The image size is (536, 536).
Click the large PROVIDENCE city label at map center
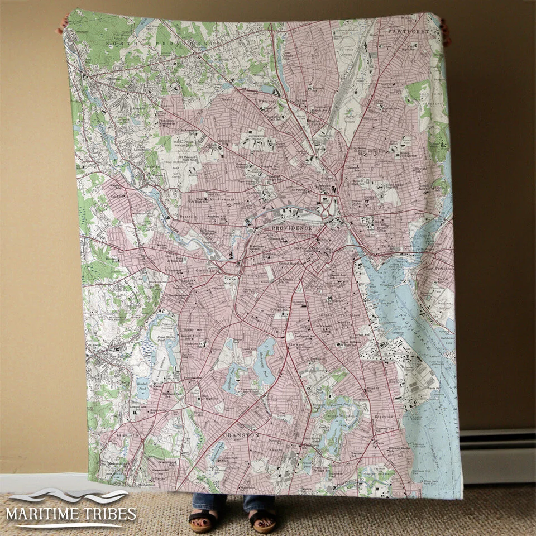(x=291, y=228)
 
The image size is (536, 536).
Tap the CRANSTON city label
(x=241, y=434)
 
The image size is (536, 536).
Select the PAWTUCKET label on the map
(x=409, y=32)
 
